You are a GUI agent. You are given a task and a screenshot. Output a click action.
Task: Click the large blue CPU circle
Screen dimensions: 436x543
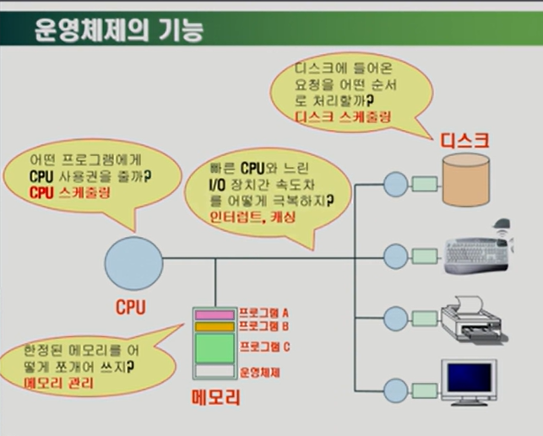pyautogui.click(x=133, y=261)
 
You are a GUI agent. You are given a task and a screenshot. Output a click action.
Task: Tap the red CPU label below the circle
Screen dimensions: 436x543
pyautogui.click(x=131, y=308)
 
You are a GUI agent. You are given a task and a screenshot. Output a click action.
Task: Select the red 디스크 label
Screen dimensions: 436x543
pyautogui.click(x=466, y=141)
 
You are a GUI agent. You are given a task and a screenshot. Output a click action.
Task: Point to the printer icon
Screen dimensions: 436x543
pyautogui.click(x=473, y=319)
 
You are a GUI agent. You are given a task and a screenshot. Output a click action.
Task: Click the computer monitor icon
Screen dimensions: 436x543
pyautogui.click(x=468, y=382)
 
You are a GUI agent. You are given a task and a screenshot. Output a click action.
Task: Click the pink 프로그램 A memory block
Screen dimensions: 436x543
pyautogui.click(x=214, y=315)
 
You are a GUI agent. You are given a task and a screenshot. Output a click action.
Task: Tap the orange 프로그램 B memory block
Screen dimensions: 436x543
pyautogui.click(x=214, y=326)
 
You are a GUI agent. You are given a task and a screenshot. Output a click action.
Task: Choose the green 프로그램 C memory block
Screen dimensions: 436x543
pyautogui.click(x=214, y=347)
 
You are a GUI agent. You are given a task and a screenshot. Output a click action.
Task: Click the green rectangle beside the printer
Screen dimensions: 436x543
pyautogui.click(x=425, y=319)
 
